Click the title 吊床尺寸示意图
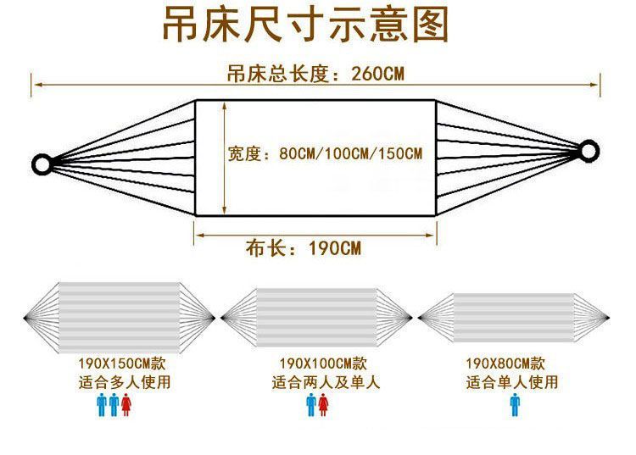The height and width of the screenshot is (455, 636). [305, 25]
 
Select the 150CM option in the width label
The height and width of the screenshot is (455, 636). [399, 154]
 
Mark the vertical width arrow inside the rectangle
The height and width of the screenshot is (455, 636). [225, 158]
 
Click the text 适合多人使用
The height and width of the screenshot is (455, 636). [124, 382]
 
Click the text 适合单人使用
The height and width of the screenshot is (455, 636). [512, 382]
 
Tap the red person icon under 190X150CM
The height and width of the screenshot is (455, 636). [126, 405]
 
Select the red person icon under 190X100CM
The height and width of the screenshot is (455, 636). [323, 405]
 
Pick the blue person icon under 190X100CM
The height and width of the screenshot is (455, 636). [311, 405]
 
